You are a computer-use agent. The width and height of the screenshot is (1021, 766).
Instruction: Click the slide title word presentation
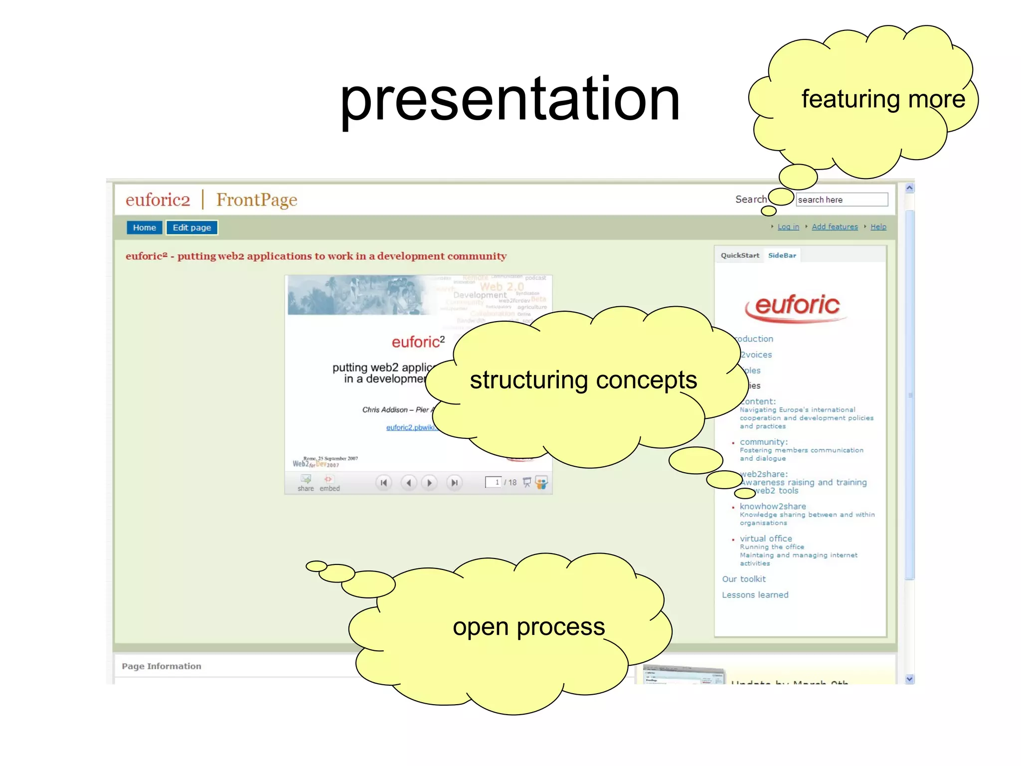(510, 100)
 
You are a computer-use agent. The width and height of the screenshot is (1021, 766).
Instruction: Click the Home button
(144, 227)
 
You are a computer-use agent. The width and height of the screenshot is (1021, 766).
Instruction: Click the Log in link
(788, 227)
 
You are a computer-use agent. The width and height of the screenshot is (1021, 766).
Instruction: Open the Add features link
(835, 227)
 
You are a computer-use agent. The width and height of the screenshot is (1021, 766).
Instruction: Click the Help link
(878, 227)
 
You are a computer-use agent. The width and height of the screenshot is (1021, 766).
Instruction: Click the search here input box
(841, 199)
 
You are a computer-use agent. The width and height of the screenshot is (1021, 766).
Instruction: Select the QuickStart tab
(740, 255)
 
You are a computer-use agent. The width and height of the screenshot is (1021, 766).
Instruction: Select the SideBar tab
(782, 255)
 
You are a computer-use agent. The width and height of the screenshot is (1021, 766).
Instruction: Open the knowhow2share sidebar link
(772, 506)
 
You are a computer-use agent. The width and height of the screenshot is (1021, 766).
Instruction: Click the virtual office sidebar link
(766, 539)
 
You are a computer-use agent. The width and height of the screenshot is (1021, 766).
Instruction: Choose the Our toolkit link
(744, 579)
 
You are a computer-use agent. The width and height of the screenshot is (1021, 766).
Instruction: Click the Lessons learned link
(755, 595)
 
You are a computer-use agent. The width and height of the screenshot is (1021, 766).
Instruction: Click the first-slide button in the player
(383, 483)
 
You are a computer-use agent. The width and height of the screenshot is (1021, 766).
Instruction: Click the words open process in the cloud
(528, 627)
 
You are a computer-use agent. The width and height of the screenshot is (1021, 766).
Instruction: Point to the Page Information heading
(162, 666)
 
